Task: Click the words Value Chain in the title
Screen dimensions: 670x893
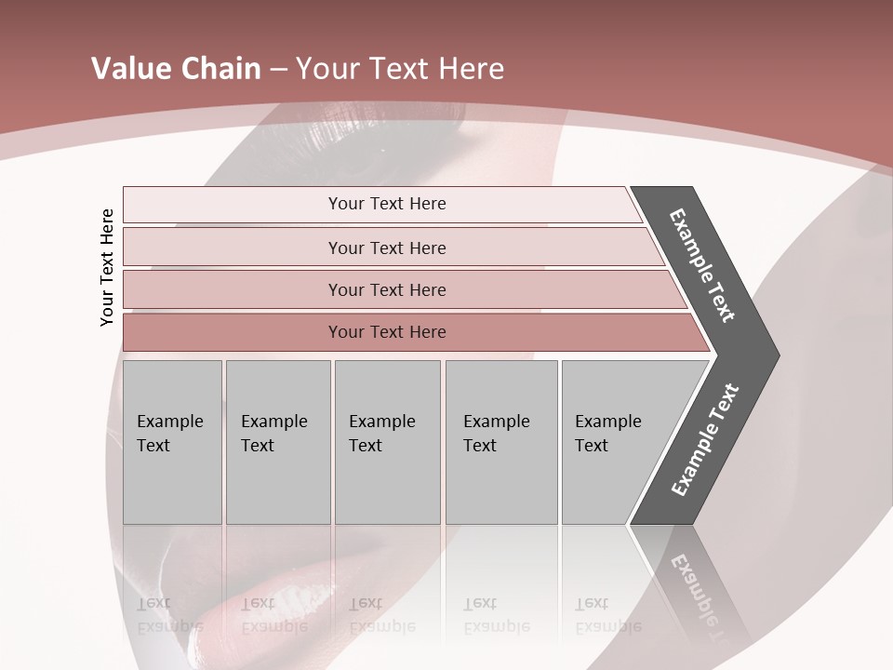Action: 176,68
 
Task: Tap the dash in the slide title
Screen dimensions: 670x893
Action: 278,69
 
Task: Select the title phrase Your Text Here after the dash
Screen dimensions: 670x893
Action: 400,68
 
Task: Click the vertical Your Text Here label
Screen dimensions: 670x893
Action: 107,268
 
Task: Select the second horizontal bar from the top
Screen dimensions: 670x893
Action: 387,248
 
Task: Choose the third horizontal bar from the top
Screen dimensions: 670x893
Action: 387,289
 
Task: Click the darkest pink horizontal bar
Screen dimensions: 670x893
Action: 387,332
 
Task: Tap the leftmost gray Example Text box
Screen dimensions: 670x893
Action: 172,441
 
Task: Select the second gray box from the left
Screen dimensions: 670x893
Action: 278,441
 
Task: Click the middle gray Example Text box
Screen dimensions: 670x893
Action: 387,441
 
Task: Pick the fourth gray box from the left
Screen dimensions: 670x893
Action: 501,441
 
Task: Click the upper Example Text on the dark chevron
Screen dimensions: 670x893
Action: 702,265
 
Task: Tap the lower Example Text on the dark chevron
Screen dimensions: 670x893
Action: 704,440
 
